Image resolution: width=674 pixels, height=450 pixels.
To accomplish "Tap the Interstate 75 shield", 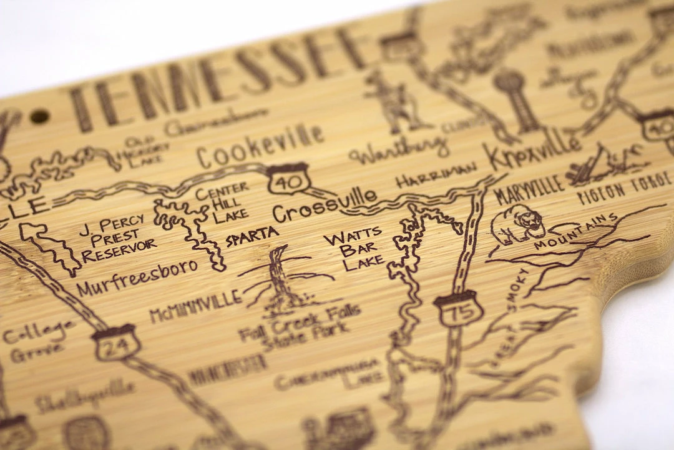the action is click(459, 308).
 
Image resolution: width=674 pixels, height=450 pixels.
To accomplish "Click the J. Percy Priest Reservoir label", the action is click(119, 238).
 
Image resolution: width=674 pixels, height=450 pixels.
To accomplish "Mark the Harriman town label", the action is click(436, 176).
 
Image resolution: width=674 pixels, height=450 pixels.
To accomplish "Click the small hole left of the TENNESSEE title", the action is click(39, 116).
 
